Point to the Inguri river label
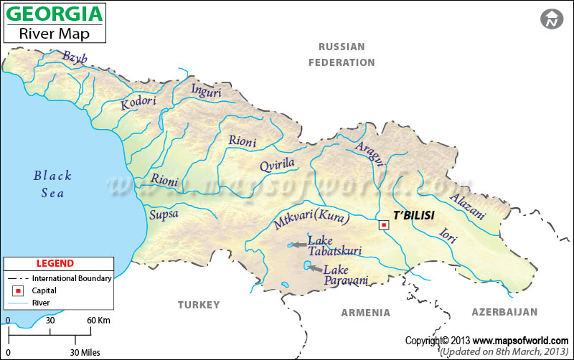207,90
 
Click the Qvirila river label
277,164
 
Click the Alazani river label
467,207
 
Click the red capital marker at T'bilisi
384,225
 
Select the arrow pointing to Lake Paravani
315,267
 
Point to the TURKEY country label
199,305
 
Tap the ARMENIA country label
365,313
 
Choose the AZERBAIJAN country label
504,312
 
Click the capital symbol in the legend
17,291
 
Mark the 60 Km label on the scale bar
99,320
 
